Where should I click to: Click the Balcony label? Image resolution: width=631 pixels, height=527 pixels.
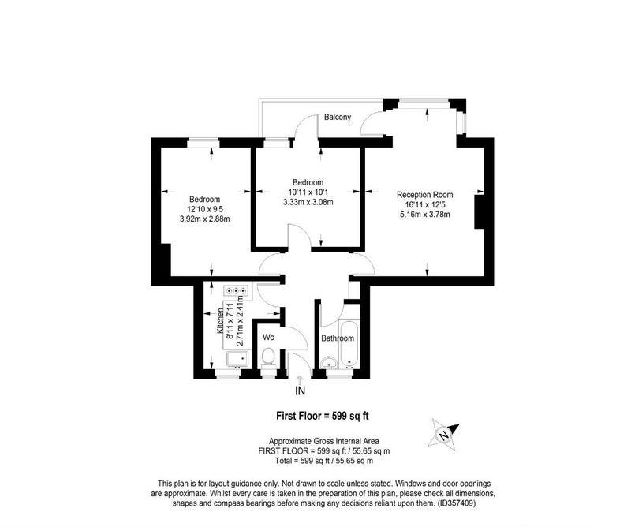pos(338,118)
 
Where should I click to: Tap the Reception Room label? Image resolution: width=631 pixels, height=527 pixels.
pos(425,195)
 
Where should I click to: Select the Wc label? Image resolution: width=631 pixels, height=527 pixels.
pos(268,337)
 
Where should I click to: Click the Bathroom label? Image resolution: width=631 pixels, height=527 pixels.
pos(338,338)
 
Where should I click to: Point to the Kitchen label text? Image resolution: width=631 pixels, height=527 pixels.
pos(221,321)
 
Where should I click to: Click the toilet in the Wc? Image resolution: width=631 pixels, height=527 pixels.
pos(268,358)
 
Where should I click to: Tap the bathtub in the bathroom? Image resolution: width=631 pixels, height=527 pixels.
pos(349,343)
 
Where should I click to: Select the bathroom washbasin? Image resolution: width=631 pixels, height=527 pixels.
pos(330,363)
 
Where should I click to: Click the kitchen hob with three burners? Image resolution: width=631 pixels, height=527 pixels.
pos(237,290)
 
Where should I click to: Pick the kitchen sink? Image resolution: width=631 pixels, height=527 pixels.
pos(238,359)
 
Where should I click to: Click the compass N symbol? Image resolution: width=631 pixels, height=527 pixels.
pos(444,435)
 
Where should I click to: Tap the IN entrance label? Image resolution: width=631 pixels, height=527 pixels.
pos(301,391)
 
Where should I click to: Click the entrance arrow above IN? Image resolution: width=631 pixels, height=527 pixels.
pos(300,379)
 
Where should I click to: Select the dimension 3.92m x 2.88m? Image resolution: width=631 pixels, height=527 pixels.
pos(205,219)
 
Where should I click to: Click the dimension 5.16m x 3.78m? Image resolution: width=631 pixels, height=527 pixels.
pos(425,215)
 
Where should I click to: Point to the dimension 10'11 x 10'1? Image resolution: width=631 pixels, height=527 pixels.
pos(308,192)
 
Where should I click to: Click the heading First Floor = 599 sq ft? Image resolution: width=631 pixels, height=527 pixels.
pos(323,416)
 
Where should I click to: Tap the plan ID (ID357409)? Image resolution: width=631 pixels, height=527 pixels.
pos(457,503)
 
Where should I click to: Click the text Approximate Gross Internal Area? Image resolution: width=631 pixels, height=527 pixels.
pos(324,441)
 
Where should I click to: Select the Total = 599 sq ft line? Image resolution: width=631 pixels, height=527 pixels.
pos(324,461)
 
